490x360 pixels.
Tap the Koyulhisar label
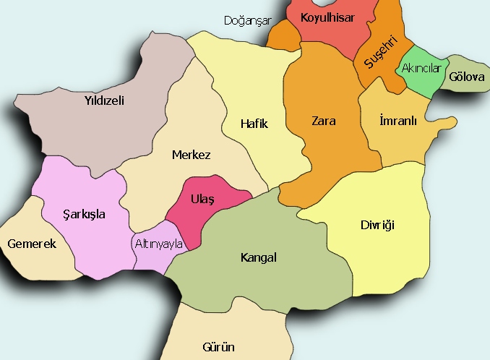point(327,17)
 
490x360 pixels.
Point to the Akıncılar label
point(421,68)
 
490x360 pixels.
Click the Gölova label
point(466,77)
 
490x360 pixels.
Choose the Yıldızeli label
point(104,100)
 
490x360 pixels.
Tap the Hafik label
point(254,124)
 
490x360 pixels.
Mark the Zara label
point(323,121)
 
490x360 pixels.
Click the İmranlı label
point(398,121)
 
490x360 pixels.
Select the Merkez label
point(191,155)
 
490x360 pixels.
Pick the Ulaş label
point(202,200)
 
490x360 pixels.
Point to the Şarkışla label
point(85,215)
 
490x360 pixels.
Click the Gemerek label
point(32,244)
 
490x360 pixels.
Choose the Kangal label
point(258,257)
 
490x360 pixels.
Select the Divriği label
point(377,225)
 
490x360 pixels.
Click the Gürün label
point(219,347)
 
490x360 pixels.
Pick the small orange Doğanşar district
point(283,36)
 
